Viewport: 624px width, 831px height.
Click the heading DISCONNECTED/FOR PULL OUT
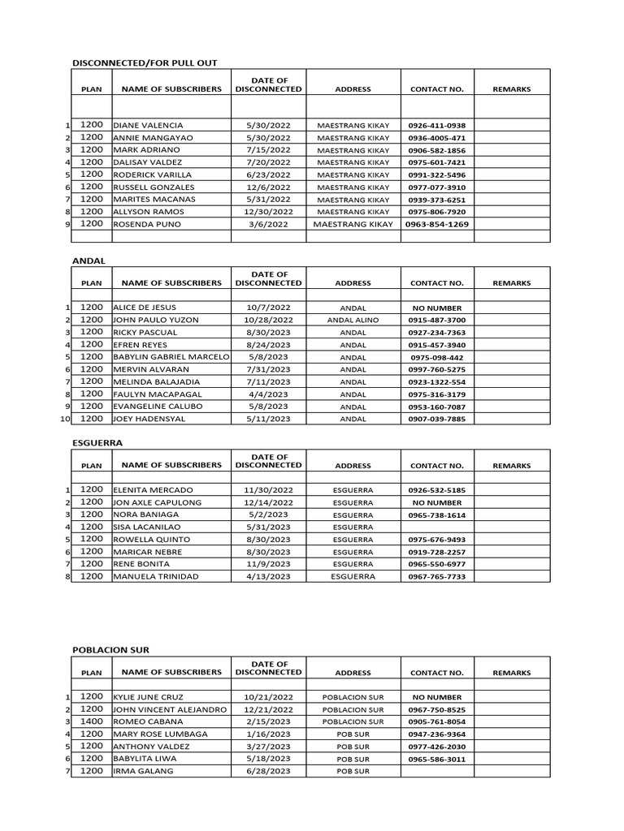point(145,62)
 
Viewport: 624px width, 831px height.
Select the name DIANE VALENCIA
point(149,126)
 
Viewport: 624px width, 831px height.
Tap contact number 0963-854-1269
point(437,223)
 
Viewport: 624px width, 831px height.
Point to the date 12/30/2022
point(268,211)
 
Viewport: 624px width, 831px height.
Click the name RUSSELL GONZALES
point(154,187)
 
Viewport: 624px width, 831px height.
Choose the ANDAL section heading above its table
point(89,260)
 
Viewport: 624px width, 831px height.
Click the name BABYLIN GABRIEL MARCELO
point(171,357)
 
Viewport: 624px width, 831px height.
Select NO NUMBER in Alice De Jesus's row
point(437,308)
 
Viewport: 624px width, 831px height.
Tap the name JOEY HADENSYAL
point(149,419)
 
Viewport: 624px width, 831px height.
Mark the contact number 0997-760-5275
point(437,369)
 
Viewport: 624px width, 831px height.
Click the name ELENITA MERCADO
point(154,491)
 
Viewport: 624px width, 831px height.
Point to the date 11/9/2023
point(268,564)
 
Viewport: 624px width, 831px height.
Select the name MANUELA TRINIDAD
point(157,577)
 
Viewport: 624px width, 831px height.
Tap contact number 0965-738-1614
point(437,515)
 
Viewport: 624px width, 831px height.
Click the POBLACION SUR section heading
point(111,650)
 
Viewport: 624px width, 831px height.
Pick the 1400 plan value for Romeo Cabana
point(92,721)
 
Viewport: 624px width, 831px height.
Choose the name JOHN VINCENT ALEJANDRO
point(170,710)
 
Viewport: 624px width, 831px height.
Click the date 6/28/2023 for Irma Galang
point(268,771)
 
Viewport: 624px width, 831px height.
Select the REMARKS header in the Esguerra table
point(512,466)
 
